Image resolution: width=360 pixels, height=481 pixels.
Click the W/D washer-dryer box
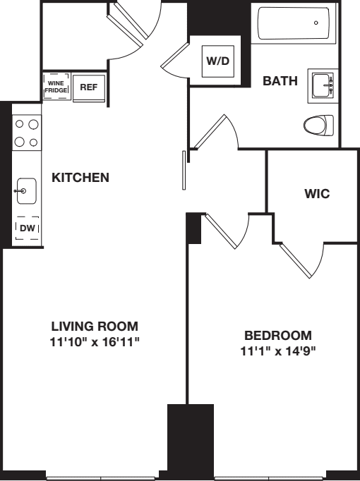217,61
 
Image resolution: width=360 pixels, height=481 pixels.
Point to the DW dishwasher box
27,227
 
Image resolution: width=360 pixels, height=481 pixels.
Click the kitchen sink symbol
27,190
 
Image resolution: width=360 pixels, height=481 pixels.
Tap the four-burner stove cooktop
27,132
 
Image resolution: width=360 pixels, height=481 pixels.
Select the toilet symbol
318,126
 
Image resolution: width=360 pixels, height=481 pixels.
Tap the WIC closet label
317,193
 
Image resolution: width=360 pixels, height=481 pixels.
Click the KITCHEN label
80,178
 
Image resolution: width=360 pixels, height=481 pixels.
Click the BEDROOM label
277,335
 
